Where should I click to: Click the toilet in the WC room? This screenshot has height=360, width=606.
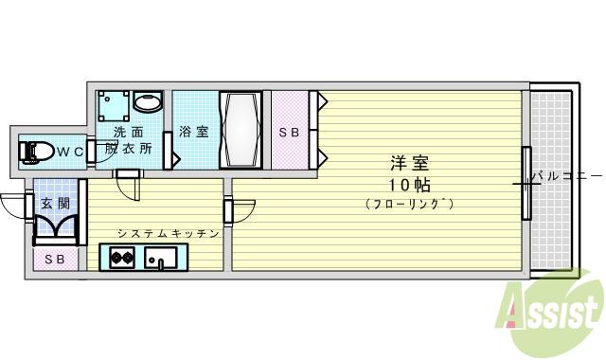pyautogui.click(x=39, y=151)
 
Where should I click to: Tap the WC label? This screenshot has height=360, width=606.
pyautogui.click(x=69, y=152)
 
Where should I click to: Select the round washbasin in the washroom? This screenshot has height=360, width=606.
pyautogui.click(x=148, y=102)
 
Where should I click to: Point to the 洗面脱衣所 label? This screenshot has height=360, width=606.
pyautogui.click(x=127, y=140)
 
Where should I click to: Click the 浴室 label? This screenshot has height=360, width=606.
pyautogui.click(x=194, y=133)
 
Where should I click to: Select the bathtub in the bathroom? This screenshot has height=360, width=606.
pyautogui.click(x=241, y=129)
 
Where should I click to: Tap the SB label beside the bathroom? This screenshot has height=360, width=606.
pyautogui.click(x=289, y=134)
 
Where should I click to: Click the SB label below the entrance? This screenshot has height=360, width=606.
pyautogui.click(x=55, y=259)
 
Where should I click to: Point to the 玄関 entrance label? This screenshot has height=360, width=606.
pyautogui.click(x=52, y=204)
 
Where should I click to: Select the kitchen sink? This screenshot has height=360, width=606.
pyautogui.click(x=157, y=257)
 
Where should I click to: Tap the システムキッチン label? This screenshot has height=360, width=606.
pyautogui.click(x=169, y=233)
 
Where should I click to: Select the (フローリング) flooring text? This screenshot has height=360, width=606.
pyautogui.click(x=409, y=204)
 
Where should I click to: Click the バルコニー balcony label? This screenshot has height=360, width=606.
pyautogui.click(x=565, y=176)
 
